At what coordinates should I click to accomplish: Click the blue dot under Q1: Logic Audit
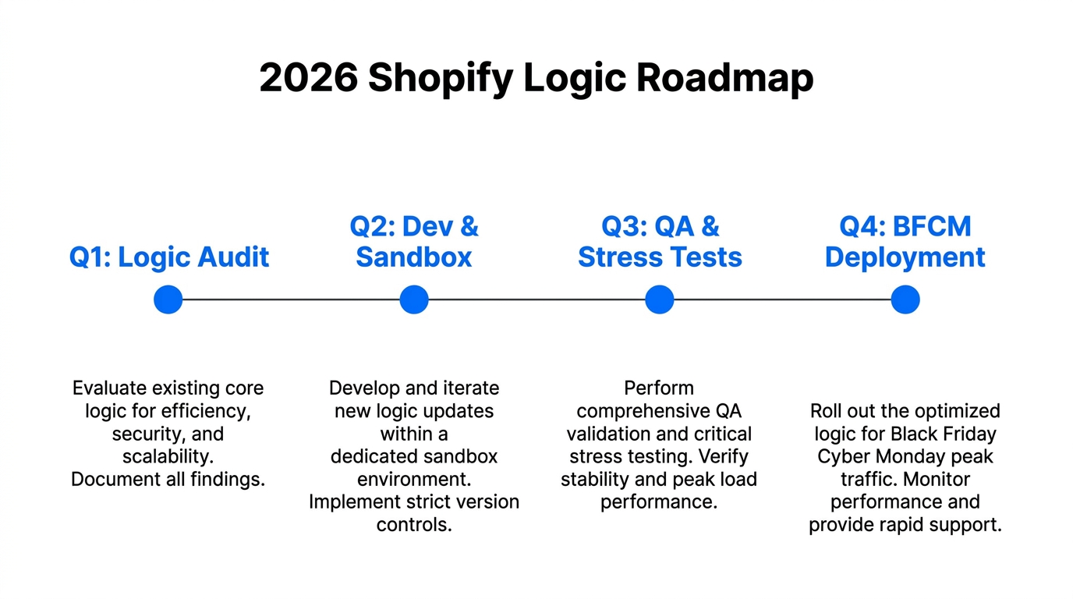click(168, 299)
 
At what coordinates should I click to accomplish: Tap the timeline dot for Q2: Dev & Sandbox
click(414, 299)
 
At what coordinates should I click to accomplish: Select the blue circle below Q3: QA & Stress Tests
click(660, 299)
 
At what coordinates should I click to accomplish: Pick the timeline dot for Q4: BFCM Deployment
click(905, 299)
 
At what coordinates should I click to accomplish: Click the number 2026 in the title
click(308, 79)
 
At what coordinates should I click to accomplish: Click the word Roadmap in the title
click(724, 79)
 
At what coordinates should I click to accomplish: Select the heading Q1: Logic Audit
click(169, 257)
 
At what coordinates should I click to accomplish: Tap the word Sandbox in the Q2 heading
click(414, 257)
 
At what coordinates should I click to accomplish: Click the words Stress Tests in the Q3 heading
click(660, 257)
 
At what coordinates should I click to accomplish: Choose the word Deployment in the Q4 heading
click(905, 257)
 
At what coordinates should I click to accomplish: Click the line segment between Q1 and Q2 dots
click(291, 299)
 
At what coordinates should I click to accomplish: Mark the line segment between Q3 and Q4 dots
click(782, 299)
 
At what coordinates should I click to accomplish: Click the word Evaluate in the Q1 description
click(108, 388)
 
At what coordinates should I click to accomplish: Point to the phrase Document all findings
click(168, 480)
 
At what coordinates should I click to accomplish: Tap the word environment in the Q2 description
click(414, 480)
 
